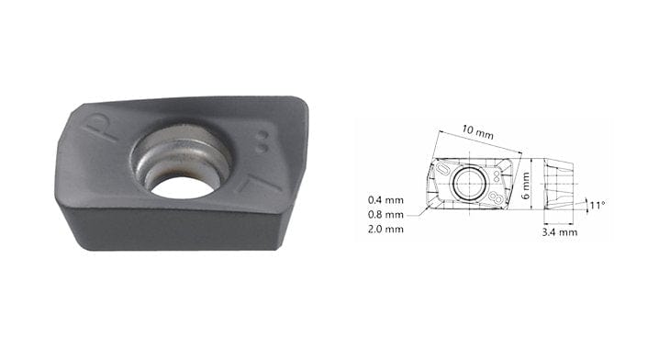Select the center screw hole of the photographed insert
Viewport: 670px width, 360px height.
click(183, 178)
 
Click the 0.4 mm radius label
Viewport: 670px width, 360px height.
click(385, 199)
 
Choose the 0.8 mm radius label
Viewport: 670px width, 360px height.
click(385, 214)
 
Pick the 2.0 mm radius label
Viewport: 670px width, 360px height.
click(385, 229)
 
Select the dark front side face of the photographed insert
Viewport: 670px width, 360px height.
click(174, 230)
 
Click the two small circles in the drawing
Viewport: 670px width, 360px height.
click(497, 172)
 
